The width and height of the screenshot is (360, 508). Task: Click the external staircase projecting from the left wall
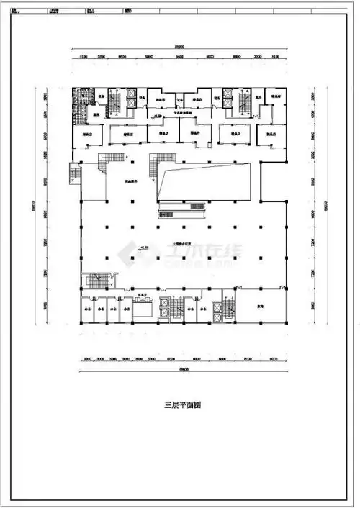point(73,174)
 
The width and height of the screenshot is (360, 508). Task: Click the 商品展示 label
point(132,181)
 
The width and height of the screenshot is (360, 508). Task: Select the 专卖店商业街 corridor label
point(187,114)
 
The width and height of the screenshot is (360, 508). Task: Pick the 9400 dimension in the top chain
point(179,55)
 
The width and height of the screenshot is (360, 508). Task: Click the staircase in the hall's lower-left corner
point(93,281)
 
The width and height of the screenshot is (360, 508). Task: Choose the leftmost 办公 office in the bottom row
point(86,309)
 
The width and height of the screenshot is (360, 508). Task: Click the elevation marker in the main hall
point(143,248)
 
